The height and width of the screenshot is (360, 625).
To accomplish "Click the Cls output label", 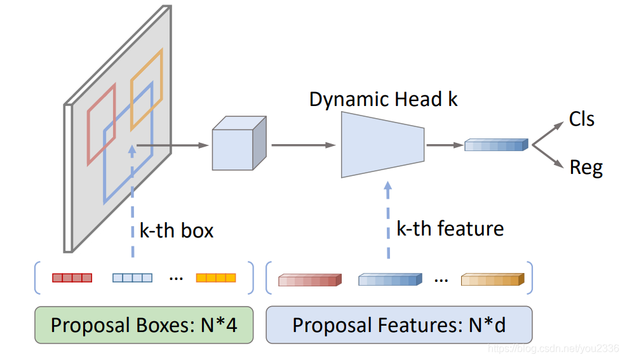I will click(x=581, y=119).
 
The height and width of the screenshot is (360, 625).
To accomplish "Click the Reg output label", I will click(x=586, y=168).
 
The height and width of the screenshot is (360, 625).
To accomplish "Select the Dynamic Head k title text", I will click(x=383, y=99).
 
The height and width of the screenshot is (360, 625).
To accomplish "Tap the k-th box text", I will click(x=177, y=230).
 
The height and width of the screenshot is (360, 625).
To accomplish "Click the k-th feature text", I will click(x=450, y=229).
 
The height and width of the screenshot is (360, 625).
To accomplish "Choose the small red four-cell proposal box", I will click(x=72, y=277).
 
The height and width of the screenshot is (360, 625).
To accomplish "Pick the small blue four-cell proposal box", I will click(x=132, y=277).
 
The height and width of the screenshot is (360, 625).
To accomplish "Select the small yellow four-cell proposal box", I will click(x=216, y=277).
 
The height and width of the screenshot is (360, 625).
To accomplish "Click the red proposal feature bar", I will click(x=310, y=280).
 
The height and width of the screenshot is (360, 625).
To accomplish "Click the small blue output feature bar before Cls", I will click(x=496, y=145).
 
